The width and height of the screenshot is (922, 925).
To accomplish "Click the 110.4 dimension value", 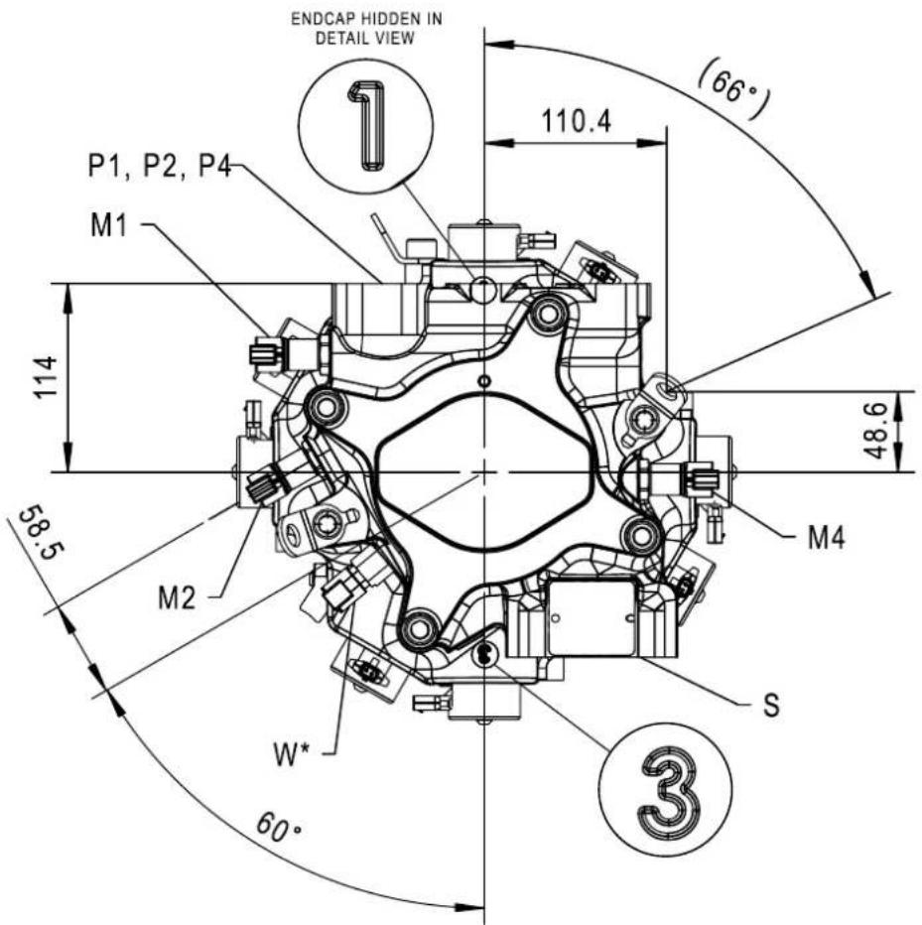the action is point(577,121).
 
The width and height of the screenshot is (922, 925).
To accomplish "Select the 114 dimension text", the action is point(46,377).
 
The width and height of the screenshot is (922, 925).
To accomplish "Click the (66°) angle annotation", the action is point(734,89).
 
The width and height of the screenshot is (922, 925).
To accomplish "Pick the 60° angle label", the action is point(278,827).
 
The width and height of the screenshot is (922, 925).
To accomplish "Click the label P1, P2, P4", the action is point(159,166).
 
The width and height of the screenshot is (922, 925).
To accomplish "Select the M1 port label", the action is point(109,224).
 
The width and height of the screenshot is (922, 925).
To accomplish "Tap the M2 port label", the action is point(177,598).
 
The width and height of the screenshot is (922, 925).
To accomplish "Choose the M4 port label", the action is point(826,537).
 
